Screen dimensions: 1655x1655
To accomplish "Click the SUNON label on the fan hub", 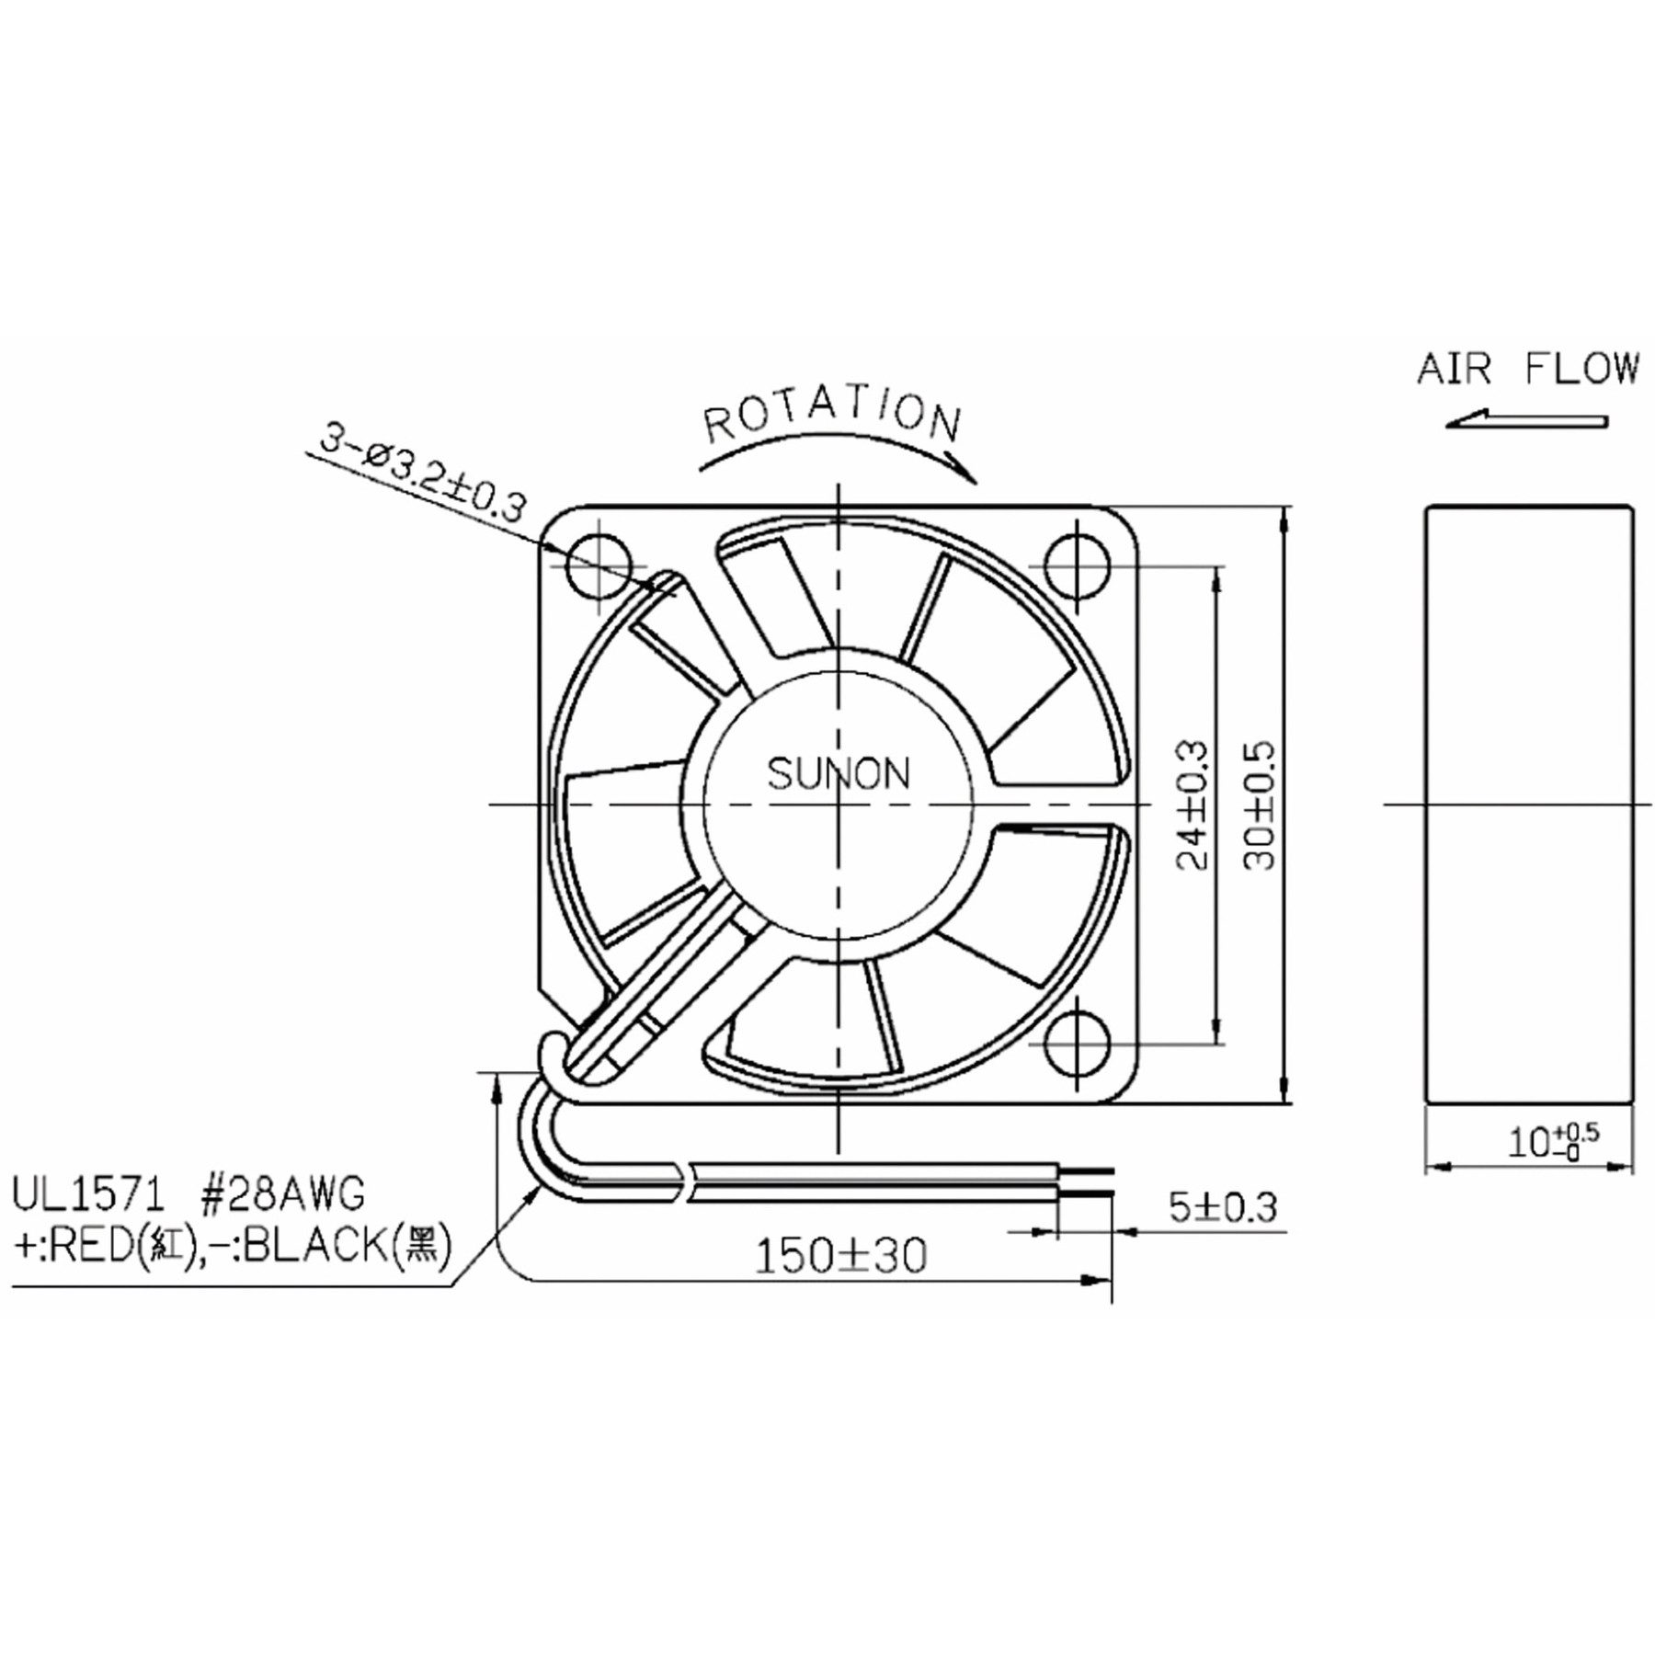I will click(x=838, y=774).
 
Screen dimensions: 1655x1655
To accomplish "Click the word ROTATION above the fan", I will click(x=832, y=418).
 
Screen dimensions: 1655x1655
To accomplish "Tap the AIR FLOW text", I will click(x=1527, y=369).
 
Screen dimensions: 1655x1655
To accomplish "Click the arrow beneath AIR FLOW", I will click(x=1527, y=421).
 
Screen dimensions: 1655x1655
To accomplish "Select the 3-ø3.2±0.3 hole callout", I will click(x=423, y=482).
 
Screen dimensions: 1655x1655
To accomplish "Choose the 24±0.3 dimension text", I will click(x=1193, y=805).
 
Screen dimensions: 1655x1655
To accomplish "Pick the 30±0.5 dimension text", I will click(x=1261, y=805).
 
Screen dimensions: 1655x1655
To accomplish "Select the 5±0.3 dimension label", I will click(x=1222, y=1206).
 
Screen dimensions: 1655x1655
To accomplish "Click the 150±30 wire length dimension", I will click(x=840, y=1256).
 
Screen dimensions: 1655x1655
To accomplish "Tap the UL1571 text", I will click(x=88, y=1195).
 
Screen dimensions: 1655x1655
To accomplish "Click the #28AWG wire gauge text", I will click(x=281, y=1195).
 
